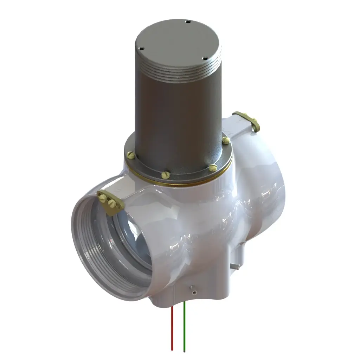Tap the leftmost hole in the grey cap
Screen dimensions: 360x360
tap(142, 49)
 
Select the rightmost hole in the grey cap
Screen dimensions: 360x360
tap(204, 59)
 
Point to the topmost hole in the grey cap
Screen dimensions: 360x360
tap(188, 22)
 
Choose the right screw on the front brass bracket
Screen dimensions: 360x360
tap(112, 203)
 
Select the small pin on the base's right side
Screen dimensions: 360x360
tap(235, 266)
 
